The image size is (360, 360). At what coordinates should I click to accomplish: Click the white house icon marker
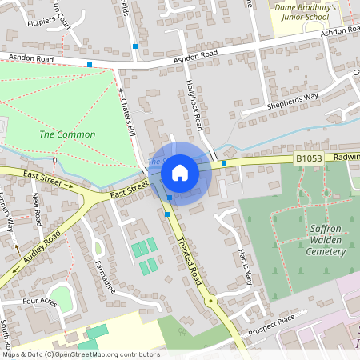180,172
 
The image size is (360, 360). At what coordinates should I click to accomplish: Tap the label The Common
67,134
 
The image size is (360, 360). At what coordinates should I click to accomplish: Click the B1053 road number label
310,159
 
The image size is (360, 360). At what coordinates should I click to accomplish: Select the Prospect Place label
271,325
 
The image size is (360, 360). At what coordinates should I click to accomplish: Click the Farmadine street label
105,276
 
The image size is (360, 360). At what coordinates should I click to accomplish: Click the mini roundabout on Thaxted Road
210,301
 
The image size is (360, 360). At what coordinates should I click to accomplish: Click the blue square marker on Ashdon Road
90,64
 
